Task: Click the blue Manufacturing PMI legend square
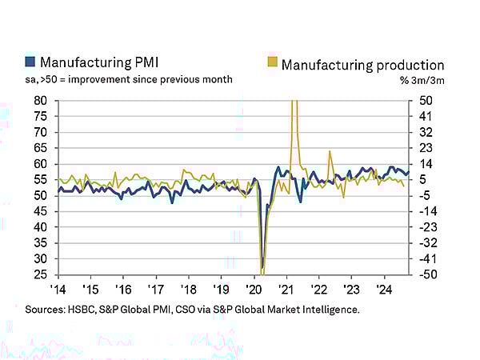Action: (30, 62)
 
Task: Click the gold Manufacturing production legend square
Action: (271, 63)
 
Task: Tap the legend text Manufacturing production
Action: (362, 63)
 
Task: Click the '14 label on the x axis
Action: (58, 290)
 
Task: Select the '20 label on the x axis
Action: (254, 290)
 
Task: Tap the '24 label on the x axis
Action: (384, 290)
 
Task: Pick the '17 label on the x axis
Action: (156, 290)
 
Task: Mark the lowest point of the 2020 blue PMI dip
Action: (262, 269)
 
